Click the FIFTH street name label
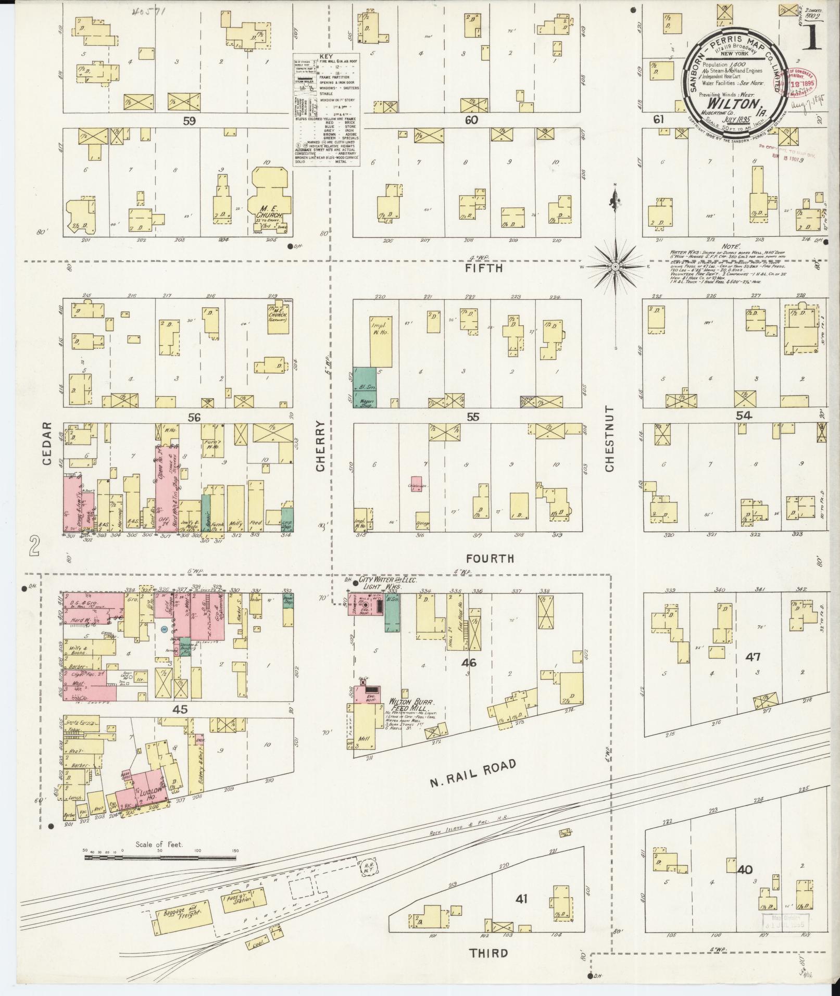(484, 268)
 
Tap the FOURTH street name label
(490, 559)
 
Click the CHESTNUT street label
(610, 439)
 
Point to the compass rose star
(616, 267)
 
